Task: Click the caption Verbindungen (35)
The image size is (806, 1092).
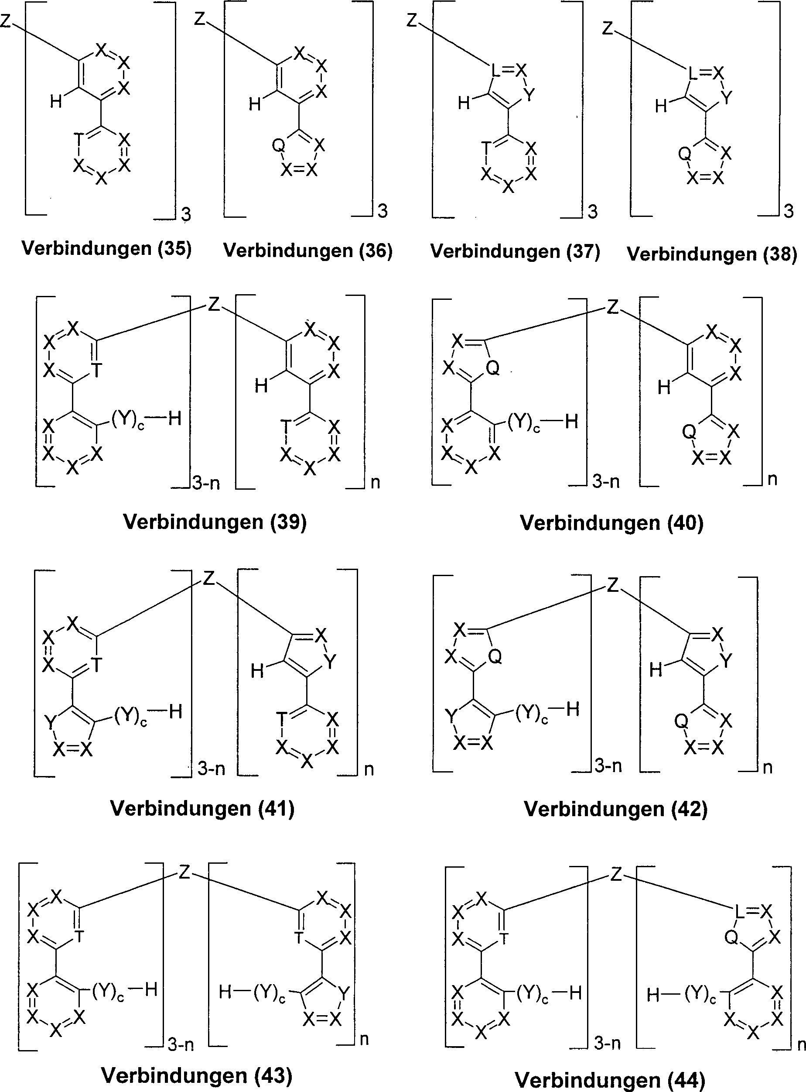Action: (107, 249)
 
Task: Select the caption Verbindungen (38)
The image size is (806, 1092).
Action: (712, 254)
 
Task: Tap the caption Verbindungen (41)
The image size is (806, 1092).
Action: (202, 808)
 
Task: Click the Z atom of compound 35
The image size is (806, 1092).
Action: (6, 21)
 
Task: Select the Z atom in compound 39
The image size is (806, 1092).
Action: (214, 305)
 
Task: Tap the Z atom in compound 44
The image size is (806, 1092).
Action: (616, 874)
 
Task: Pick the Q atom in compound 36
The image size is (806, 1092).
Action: (278, 145)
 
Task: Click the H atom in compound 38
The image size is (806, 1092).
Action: (661, 106)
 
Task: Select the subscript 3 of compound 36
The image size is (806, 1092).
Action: (383, 211)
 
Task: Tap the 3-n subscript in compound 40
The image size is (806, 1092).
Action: (606, 482)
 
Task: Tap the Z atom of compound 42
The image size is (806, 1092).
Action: (613, 585)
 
